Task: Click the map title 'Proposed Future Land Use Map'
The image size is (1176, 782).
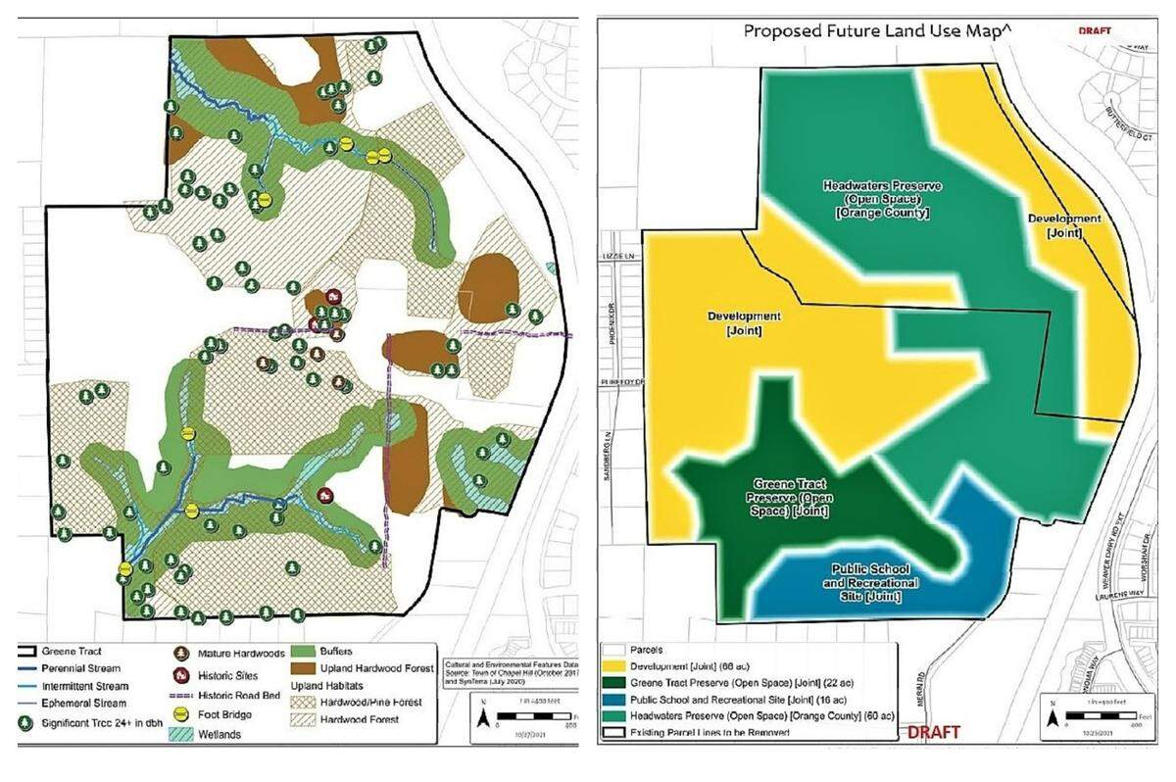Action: [x=878, y=30]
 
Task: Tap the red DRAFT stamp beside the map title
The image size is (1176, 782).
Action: [x=1097, y=30]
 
